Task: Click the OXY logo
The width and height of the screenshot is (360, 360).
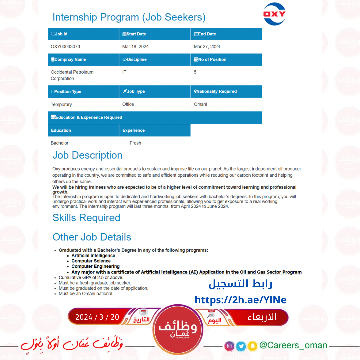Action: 274,14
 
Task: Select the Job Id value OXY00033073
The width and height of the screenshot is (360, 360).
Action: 65,47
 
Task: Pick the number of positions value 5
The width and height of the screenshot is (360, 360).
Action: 195,72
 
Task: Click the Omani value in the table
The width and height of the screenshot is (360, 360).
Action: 200,104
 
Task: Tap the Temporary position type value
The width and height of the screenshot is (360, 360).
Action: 61,105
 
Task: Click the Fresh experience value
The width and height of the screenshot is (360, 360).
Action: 135,143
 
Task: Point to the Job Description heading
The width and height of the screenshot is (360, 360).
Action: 87,155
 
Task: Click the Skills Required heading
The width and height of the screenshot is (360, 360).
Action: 86,218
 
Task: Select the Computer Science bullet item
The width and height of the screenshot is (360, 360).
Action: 91,261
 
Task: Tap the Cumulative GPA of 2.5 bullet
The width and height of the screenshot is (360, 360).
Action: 91,277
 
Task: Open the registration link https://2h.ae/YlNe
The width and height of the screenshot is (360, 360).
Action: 240,300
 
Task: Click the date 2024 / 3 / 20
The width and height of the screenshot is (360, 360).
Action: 97,317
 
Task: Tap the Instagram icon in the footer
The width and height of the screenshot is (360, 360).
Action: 229,346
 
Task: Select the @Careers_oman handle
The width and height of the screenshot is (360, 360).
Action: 293,345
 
